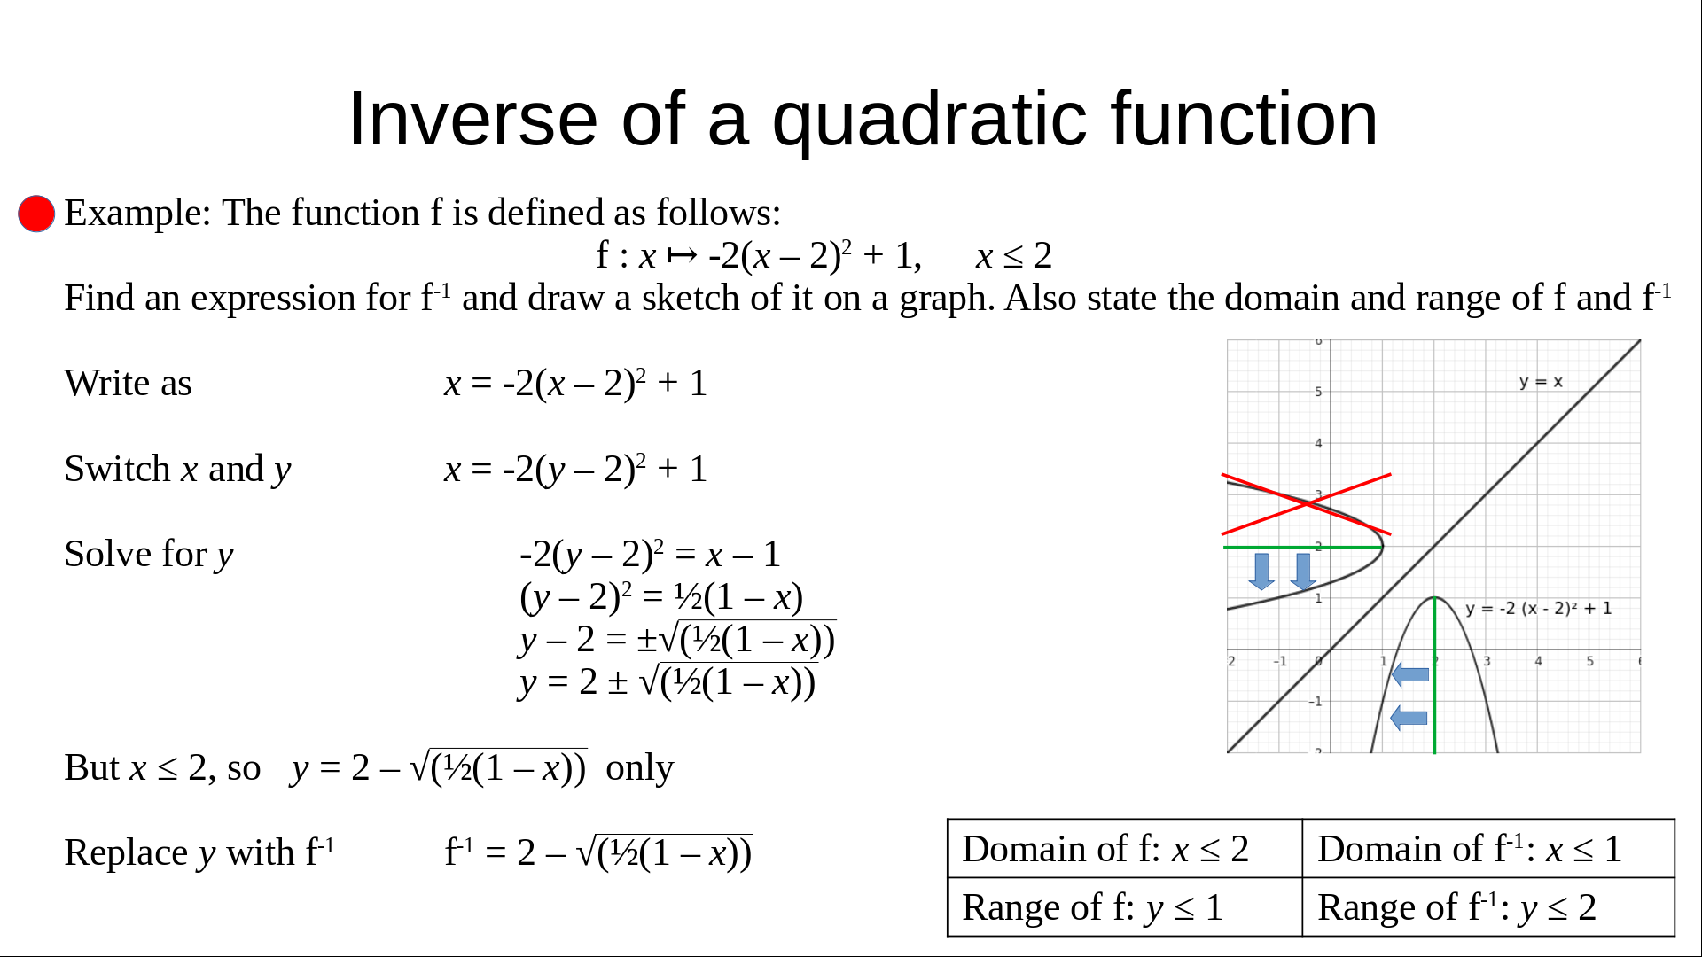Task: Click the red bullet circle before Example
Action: pos(36,214)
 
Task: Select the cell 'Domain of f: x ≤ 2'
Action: pos(1125,849)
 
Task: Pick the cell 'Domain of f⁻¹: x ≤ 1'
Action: pos(1488,849)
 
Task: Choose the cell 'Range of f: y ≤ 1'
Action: pos(1125,907)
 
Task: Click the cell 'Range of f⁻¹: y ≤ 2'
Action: pos(1488,907)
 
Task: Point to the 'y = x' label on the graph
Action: pos(1541,382)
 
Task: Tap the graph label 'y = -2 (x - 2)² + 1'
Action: pos(1539,609)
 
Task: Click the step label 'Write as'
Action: pos(129,384)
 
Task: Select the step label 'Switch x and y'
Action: pos(177,470)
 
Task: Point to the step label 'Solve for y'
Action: pos(149,555)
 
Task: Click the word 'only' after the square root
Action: pos(639,768)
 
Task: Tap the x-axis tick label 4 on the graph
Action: pos(1538,661)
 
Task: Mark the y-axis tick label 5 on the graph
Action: pos(1318,392)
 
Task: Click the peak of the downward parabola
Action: pos(1434,598)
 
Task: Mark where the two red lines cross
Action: pos(1307,504)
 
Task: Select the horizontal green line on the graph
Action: pos(1303,548)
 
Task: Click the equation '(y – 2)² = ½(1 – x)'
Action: pos(661,597)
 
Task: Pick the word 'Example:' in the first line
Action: pos(137,214)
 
